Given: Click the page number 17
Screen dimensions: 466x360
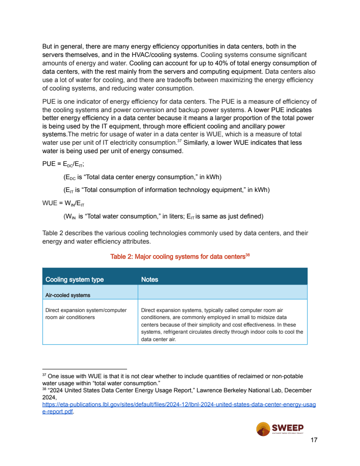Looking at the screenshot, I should [x=314, y=440].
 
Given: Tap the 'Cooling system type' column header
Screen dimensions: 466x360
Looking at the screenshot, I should [x=75, y=279].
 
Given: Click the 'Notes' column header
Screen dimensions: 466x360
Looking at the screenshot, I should [x=150, y=279].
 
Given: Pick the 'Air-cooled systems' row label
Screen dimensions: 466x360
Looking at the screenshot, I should [x=68, y=295].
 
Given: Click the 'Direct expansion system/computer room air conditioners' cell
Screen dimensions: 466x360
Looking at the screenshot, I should [x=86, y=314].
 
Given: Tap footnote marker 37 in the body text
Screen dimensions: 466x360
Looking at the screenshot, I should [x=180, y=141].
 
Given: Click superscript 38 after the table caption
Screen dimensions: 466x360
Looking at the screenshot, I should [x=247, y=255].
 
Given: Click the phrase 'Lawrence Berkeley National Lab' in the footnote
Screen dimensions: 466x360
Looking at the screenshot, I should [x=239, y=390].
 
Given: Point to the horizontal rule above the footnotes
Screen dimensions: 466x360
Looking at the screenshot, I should [x=84, y=368].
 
